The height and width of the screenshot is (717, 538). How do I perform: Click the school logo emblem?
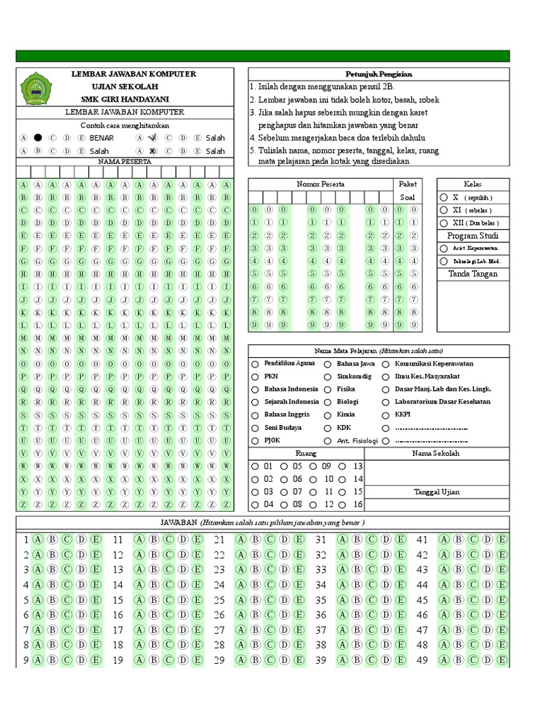click(36, 88)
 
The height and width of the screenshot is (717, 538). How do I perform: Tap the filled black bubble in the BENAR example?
click(38, 138)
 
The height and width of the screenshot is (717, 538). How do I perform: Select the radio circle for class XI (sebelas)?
click(444, 210)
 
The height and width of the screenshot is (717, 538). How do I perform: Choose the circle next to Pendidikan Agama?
click(256, 364)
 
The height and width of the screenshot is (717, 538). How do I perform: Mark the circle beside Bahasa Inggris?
click(256, 415)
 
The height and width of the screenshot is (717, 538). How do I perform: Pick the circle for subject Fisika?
click(329, 389)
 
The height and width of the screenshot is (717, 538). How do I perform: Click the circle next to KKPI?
click(387, 415)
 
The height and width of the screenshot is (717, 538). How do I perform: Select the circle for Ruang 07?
click(284, 492)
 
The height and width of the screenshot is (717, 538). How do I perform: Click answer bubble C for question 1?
click(67, 539)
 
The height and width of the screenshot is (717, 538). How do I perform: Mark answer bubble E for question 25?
click(298, 600)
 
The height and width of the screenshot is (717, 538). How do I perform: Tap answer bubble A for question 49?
click(443, 660)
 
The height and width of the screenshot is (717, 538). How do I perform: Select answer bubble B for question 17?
click(154, 630)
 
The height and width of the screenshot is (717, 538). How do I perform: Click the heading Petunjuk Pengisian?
click(378, 74)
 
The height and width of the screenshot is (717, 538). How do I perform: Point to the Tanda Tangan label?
click(473, 274)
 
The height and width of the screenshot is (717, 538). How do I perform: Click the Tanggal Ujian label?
click(436, 492)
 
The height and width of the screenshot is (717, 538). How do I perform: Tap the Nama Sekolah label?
click(436, 453)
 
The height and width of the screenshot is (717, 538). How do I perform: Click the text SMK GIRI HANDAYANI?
click(134, 99)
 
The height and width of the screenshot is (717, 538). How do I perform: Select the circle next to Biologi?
click(329, 403)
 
